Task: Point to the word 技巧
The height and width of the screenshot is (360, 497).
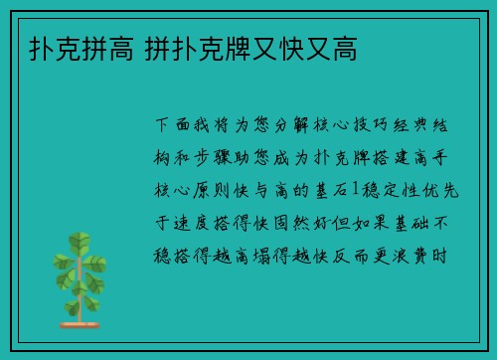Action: click(x=367, y=126)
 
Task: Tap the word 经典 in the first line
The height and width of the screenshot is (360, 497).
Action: click(x=410, y=126)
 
